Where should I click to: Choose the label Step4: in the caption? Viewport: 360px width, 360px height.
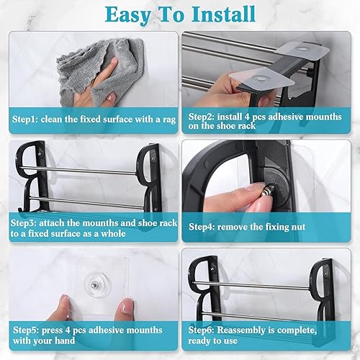[204, 227]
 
